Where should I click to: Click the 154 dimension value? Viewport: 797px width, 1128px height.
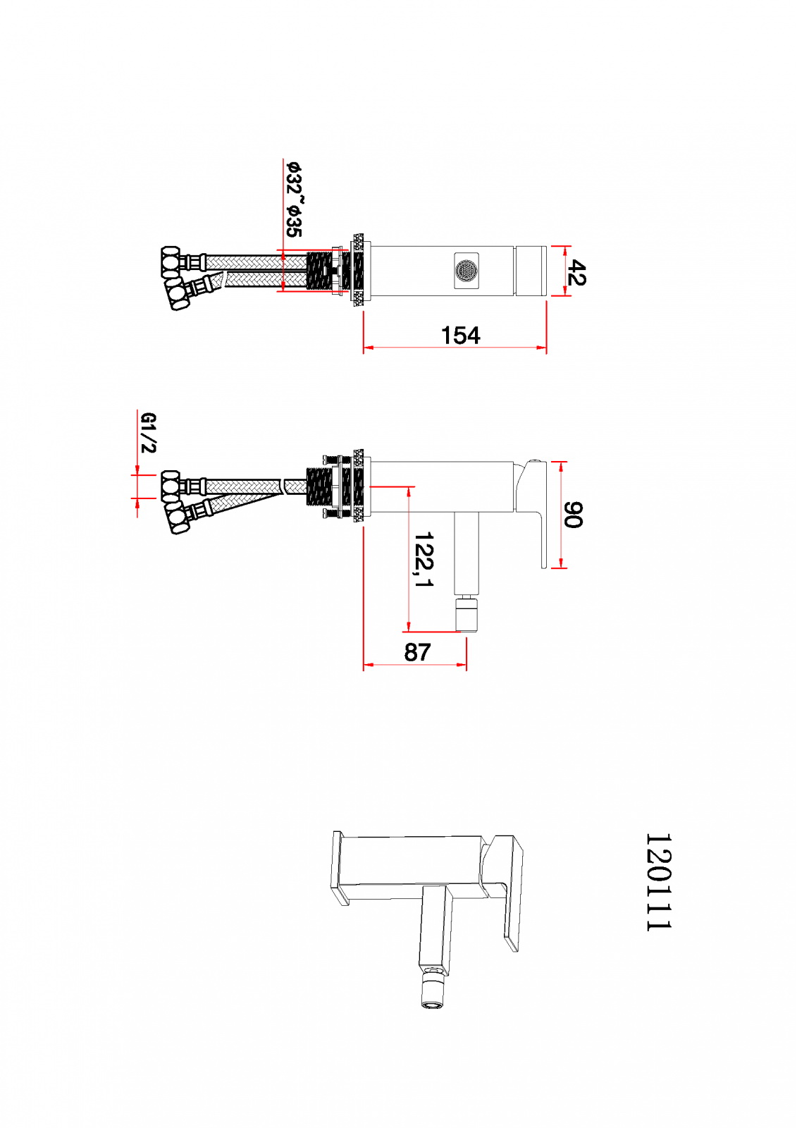(460, 336)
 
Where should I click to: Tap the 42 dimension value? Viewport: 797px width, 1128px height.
(576, 273)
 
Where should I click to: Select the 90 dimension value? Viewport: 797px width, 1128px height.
(573, 515)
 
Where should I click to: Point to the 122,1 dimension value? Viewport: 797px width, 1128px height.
(424, 559)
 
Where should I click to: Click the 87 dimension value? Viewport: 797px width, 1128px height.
(417, 652)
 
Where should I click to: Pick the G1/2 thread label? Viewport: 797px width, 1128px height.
(149, 433)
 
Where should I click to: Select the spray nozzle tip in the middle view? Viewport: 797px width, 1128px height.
(467, 614)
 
